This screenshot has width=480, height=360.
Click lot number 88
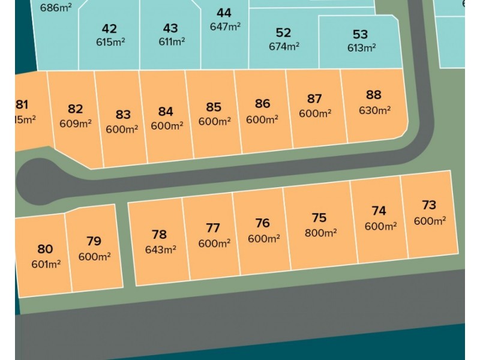coord(373,95)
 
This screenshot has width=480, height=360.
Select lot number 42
coord(109,29)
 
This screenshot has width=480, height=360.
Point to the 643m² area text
coord(160,250)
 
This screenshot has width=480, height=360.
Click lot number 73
coord(429,205)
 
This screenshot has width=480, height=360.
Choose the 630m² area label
coord(374,110)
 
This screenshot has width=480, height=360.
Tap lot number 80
coord(45,249)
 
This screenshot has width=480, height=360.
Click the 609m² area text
coord(76,124)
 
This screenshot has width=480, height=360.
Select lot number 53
coord(360,34)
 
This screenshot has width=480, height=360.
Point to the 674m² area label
coord(283,46)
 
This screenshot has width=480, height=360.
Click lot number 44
coord(224,13)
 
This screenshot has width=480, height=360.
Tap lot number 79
coord(94,241)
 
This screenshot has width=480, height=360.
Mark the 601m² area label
coord(46,263)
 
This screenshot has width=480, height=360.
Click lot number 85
coord(214,107)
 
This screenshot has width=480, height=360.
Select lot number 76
coord(262,223)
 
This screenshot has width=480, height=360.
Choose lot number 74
coord(379,211)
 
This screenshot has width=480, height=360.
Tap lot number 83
coord(123,114)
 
